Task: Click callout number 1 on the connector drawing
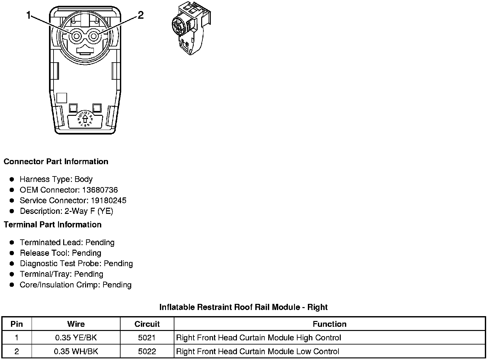(29, 15)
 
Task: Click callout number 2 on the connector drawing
(141, 15)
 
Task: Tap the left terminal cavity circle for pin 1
(76, 36)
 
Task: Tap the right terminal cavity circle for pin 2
(94, 36)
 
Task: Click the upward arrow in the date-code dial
(85, 119)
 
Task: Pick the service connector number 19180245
(108, 200)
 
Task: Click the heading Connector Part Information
(56, 161)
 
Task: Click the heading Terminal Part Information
(53, 225)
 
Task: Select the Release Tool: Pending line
(60, 253)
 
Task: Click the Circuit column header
(147, 324)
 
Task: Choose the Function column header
(329, 324)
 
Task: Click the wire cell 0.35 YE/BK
(76, 338)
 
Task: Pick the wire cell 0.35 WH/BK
(76, 351)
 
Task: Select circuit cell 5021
(147, 338)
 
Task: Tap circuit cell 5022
(147, 351)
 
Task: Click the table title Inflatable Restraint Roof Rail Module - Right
(243, 307)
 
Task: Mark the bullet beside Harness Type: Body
(12, 179)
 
